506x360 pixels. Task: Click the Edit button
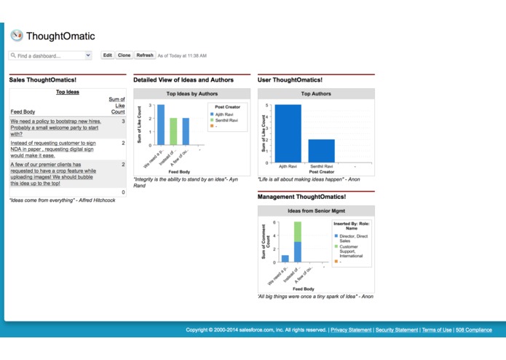point(108,55)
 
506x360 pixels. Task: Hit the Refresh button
point(145,55)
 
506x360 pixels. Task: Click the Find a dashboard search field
point(48,55)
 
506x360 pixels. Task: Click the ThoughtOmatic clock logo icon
point(16,35)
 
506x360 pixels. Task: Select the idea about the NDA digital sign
point(52,149)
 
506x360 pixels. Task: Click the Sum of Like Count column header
point(116,105)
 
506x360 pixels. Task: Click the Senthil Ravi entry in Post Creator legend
point(224,120)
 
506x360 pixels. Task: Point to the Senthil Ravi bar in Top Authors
point(321,150)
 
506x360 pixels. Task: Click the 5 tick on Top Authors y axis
point(267,106)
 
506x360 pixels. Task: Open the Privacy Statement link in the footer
point(351,330)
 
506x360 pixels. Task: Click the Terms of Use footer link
point(436,330)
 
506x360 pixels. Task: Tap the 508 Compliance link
point(474,330)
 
